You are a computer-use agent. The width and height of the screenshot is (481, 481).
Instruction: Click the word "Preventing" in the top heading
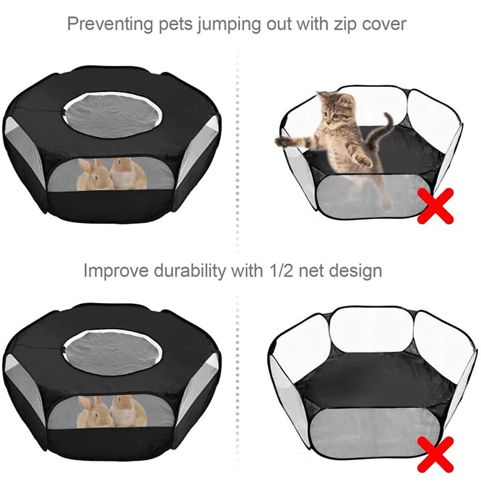click(110, 24)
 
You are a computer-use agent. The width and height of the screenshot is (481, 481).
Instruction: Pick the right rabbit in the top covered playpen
click(128, 173)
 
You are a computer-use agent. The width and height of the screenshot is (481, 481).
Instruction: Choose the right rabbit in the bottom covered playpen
click(128, 411)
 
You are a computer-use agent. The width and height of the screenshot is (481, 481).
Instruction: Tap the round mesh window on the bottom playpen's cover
click(113, 350)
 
